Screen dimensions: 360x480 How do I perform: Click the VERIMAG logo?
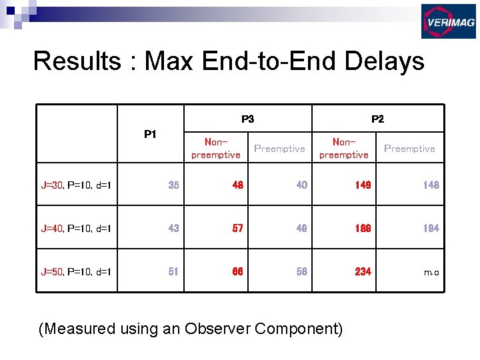(x=448, y=21)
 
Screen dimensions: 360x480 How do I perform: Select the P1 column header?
(x=150, y=135)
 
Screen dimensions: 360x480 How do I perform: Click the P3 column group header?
(x=247, y=119)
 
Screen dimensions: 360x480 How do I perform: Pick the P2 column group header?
(x=377, y=119)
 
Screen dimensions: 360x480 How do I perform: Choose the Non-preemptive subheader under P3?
(x=215, y=148)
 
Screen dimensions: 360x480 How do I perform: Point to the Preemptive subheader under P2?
(x=409, y=149)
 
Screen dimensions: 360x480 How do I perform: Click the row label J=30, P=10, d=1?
(x=76, y=185)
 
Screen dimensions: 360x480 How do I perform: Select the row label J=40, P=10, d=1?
(x=76, y=229)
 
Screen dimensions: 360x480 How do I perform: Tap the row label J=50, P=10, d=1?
(x=76, y=271)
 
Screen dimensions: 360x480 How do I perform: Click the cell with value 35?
(x=173, y=185)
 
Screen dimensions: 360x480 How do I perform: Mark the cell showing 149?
(x=363, y=185)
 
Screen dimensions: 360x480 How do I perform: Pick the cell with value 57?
(x=237, y=228)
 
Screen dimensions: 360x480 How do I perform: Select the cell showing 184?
(x=431, y=228)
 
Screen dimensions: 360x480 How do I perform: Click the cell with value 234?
(x=363, y=271)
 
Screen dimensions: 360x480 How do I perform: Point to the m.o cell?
(x=432, y=272)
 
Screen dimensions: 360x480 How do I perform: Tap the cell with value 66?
(x=237, y=271)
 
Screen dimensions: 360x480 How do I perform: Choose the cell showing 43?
(x=173, y=228)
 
